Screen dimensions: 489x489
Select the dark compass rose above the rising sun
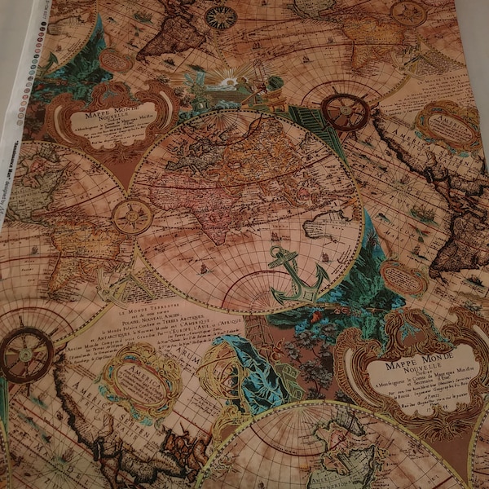(x=220, y=17)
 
